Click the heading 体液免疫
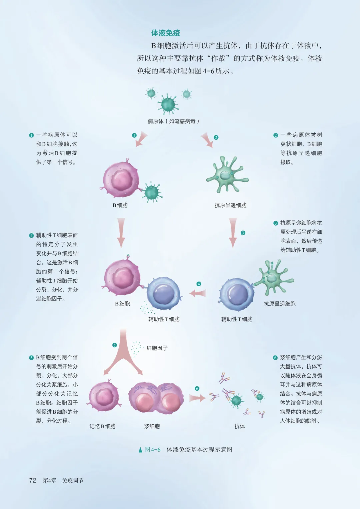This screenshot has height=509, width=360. [x=166, y=33]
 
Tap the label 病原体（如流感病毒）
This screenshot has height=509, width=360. [x=173, y=121]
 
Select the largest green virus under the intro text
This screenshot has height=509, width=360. [x=168, y=104]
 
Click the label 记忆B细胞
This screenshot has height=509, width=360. [x=103, y=426]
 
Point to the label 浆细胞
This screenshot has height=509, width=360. [x=152, y=426]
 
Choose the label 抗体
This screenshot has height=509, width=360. [x=240, y=426]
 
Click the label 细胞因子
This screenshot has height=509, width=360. [x=157, y=348]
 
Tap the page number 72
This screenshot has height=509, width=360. [x=33, y=480]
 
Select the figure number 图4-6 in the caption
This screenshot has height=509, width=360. [x=153, y=450]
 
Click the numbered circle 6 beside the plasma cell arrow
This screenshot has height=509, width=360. [x=197, y=389]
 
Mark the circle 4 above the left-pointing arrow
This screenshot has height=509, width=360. [x=199, y=284]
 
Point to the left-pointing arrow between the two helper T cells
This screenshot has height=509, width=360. [x=198, y=293]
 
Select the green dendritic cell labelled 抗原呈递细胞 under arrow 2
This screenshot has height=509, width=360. [x=227, y=175]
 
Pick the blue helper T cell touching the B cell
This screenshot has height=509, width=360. [x=164, y=293]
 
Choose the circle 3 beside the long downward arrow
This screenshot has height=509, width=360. [x=243, y=233]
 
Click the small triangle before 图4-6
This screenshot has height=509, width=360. [x=140, y=450]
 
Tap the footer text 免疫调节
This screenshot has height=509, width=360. [x=73, y=480]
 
